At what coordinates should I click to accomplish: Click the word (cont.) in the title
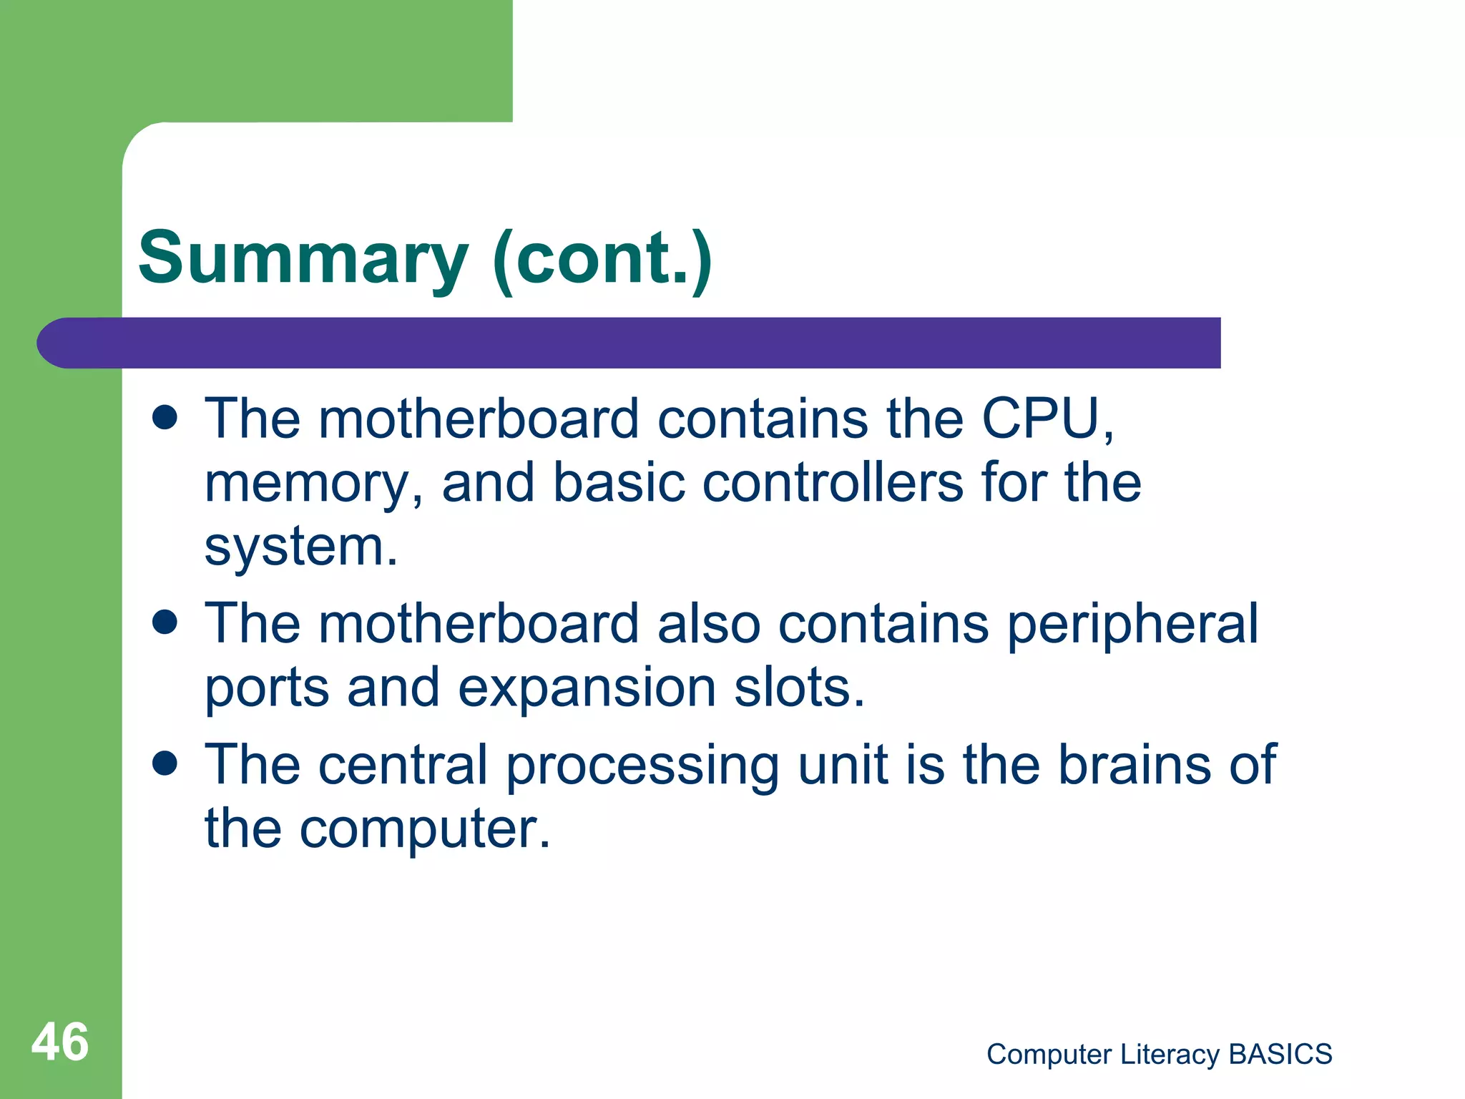click(602, 259)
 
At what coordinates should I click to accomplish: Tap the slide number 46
click(60, 1042)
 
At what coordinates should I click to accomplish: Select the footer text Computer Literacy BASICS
click(1159, 1055)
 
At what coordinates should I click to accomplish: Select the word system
click(300, 547)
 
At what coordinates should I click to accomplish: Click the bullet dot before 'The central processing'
click(165, 763)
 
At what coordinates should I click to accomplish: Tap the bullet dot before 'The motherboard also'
click(165, 622)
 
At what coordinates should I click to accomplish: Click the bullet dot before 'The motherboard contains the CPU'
click(165, 418)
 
